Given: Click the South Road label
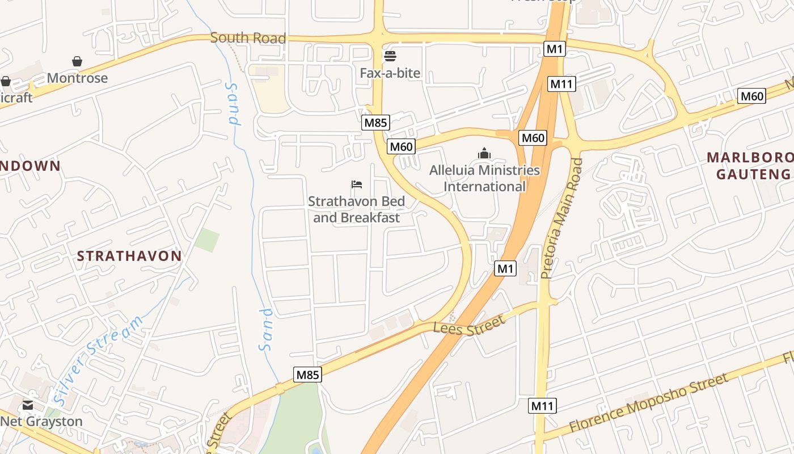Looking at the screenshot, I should pyautogui.click(x=248, y=38).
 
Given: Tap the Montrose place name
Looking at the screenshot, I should pyautogui.click(x=77, y=78).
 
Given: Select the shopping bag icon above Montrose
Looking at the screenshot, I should pyautogui.click(x=77, y=61).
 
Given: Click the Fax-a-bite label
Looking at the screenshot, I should pyautogui.click(x=390, y=73).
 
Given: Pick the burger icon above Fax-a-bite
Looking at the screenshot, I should pyautogui.click(x=390, y=56).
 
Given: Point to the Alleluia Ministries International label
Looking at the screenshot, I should pyautogui.click(x=484, y=178).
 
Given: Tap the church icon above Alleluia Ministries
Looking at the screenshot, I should pyautogui.click(x=484, y=153).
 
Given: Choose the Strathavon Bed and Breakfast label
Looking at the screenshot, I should pyautogui.click(x=357, y=209).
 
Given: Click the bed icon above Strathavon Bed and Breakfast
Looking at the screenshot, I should pyautogui.click(x=357, y=184).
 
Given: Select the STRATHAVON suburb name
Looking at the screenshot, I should pyautogui.click(x=129, y=256).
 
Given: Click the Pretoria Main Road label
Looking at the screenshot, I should pyautogui.click(x=561, y=218).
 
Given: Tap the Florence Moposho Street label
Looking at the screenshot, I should pyautogui.click(x=649, y=402).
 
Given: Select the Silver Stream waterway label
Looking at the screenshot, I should pyautogui.click(x=99, y=360).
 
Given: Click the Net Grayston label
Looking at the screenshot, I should pyautogui.click(x=41, y=422).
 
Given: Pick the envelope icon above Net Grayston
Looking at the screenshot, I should pyautogui.click(x=28, y=405).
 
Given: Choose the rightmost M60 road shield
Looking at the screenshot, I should pyautogui.click(x=751, y=96).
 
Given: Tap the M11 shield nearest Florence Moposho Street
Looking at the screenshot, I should pyautogui.click(x=543, y=406).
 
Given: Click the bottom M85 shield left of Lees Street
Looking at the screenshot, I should pyautogui.click(x=308, y=375).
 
